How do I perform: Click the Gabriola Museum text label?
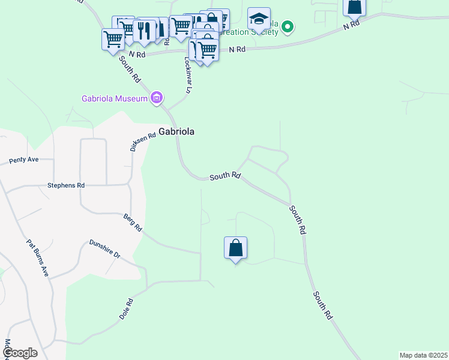[x=114, y=98]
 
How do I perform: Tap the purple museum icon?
[x=157, y=97]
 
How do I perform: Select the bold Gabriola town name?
[x=176, y=132]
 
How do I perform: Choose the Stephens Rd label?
[x=66, y=185]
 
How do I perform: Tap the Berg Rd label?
[x=133, y=223]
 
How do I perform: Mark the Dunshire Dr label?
[x=105, y=249]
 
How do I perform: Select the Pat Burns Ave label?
[x=37, y=258]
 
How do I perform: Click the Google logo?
[x=19, y=353]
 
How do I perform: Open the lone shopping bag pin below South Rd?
[x=235, y=248]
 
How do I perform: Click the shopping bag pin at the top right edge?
[x=354, y=7]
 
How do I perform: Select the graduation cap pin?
[x=259, y=19]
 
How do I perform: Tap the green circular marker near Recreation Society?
[x=288, y=26]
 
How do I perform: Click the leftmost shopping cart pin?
[x=113, y=40]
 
